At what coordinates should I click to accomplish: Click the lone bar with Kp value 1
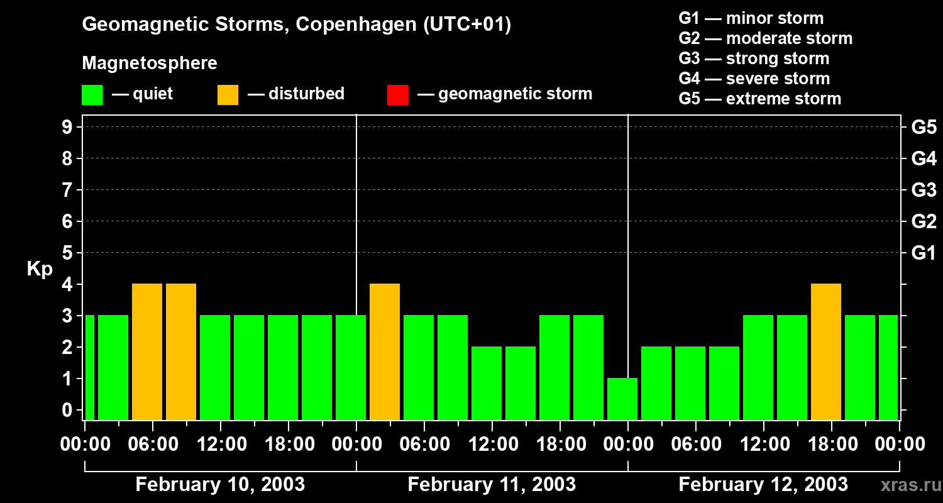tap(622, 399)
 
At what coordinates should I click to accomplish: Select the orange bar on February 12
tap(826, 351)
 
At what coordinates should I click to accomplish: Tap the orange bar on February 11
tap(385, 351)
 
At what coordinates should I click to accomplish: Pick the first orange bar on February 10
tap(147, 351)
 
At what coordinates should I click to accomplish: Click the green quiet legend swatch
tap(92, 95)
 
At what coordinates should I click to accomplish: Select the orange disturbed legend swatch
tap(228, 95)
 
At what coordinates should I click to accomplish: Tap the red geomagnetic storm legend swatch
tap(397, 95)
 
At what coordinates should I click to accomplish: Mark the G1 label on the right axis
tap(924, 253)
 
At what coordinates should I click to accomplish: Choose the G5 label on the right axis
tap(924, 128)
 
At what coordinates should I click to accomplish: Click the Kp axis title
tap(40, 269)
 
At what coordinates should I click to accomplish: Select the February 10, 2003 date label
tap(220, 485)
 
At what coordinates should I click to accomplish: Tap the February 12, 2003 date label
tap(763, 485)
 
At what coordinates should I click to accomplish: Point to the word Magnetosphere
tap(150, 64)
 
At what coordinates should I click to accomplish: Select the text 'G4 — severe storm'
tap(754, 79)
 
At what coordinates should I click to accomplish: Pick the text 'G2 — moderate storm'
tap(765, 38)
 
